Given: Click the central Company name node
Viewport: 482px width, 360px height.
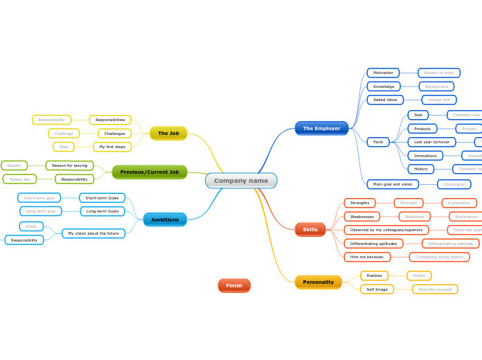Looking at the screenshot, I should (241, 181).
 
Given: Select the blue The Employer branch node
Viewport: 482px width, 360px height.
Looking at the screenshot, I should (321, 128).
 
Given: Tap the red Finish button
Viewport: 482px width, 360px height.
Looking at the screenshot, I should (234, 285).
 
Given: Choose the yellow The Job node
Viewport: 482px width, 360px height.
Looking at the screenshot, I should (168, 133).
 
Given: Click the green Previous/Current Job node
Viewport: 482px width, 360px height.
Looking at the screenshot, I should (150, 172).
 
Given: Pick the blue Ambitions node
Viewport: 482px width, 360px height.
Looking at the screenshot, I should (165, 219).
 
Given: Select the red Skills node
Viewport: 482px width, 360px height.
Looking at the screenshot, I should (310, 229).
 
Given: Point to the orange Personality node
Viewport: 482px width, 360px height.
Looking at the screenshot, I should (318, 282).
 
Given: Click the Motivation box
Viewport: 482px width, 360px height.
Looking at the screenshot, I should (383, 73).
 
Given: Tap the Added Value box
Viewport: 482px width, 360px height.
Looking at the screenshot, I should (385, 100).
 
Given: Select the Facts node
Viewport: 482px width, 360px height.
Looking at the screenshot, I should (378, 142).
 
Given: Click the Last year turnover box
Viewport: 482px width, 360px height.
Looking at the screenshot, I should (431, 142).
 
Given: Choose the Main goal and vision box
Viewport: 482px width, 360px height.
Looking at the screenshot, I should (393, 184).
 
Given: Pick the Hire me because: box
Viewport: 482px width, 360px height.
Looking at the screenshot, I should (367, 257).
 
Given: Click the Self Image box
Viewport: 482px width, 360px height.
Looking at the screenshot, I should (377, 289).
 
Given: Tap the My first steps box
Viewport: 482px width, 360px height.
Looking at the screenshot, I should (112, 147).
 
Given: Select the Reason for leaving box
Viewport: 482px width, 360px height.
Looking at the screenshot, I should (69, 165).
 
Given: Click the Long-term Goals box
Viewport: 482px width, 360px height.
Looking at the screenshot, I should (102, 211).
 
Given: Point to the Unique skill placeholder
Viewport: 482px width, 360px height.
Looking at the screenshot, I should (439, 100).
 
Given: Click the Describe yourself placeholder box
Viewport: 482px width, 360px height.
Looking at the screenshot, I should (435, 289).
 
